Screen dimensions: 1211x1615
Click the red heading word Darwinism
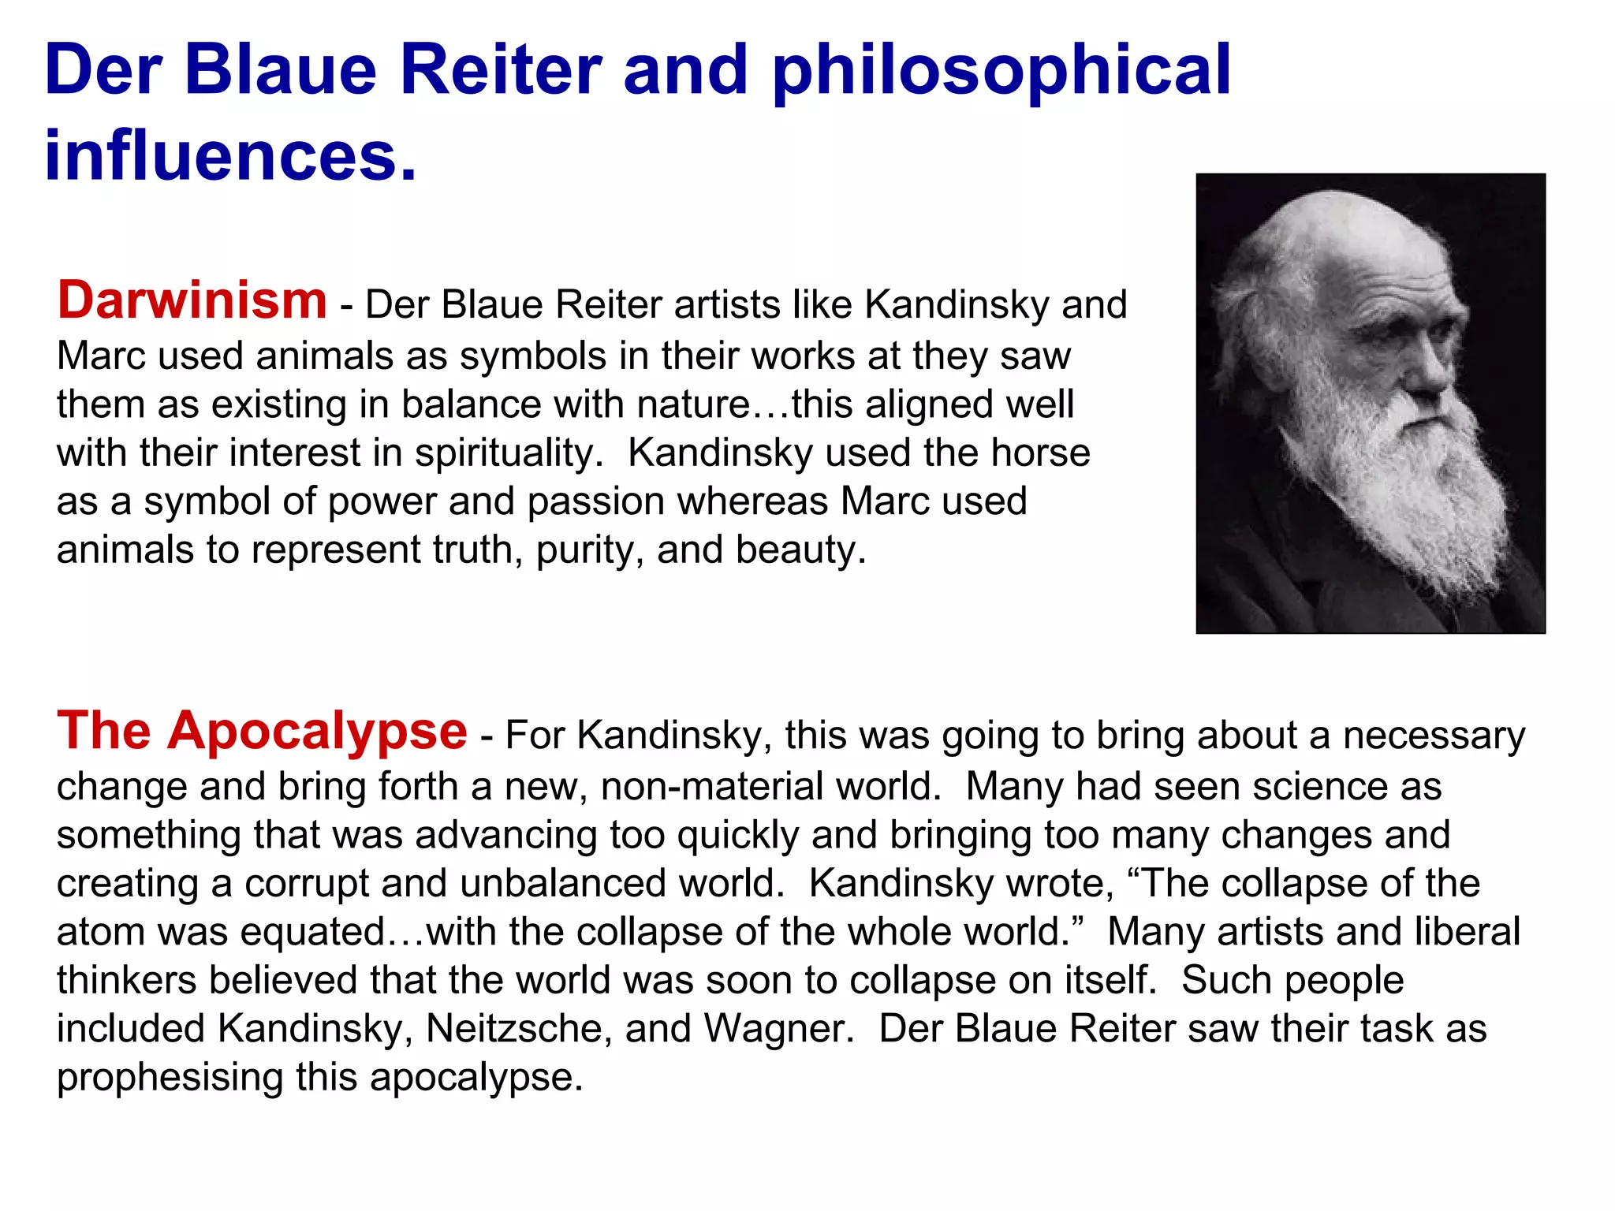point(192,300)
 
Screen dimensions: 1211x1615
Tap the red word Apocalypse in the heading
point(317,731)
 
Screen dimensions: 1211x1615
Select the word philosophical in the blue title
point(1001,71)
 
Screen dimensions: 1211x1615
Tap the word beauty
point(800,550)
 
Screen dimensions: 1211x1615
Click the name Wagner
point(778,1029)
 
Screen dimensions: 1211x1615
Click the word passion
point(595,502)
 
